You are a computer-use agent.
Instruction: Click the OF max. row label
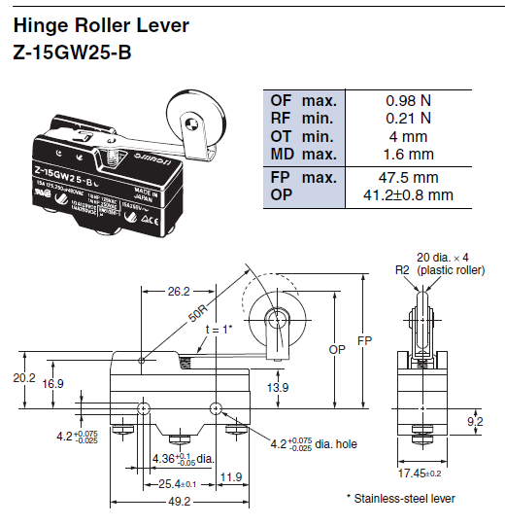(x=303, y=101)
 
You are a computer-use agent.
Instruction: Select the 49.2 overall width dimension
(x=178, y=503)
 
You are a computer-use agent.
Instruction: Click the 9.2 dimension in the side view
(x=476, y=421)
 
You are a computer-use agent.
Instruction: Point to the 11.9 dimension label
(x=231, y=476)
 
